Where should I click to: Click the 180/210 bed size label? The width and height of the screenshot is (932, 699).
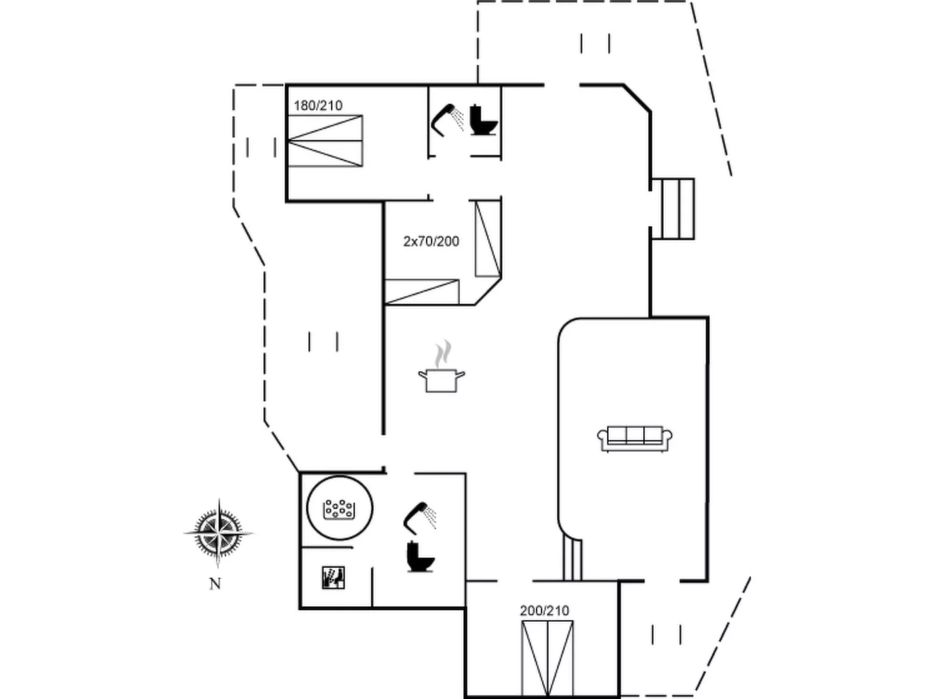[x=318, y=105]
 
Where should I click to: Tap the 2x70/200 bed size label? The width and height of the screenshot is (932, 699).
[x=431, y=241]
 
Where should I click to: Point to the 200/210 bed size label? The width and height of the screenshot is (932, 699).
[x=544, y=610]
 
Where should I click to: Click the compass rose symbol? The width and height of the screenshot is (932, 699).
[x=218, y=533]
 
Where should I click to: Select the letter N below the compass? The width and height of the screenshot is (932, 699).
[x=215, y=584]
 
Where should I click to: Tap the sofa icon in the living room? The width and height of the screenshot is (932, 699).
[x=635, y=439]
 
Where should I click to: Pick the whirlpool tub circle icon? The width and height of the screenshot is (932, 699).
[x=339, y=508]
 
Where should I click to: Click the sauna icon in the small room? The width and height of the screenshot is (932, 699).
[x=333, y=578]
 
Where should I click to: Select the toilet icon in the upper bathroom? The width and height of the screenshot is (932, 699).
[x=483, y=120]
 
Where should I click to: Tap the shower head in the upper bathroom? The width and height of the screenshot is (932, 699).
[x=447, y=120]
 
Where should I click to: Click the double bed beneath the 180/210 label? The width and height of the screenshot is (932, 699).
[x=325, y=140]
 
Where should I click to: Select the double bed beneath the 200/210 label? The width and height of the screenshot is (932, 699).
[x=547, y=658]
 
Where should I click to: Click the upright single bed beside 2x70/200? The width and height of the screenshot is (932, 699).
[x=488, y=238]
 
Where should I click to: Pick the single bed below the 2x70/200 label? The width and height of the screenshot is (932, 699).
[x=422, y=292]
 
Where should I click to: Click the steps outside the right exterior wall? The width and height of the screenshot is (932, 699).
[x=673, y=209]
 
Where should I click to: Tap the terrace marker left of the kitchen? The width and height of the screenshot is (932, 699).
[x=324, y=342]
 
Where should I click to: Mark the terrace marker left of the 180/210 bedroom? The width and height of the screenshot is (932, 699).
[x=261, y=147]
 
